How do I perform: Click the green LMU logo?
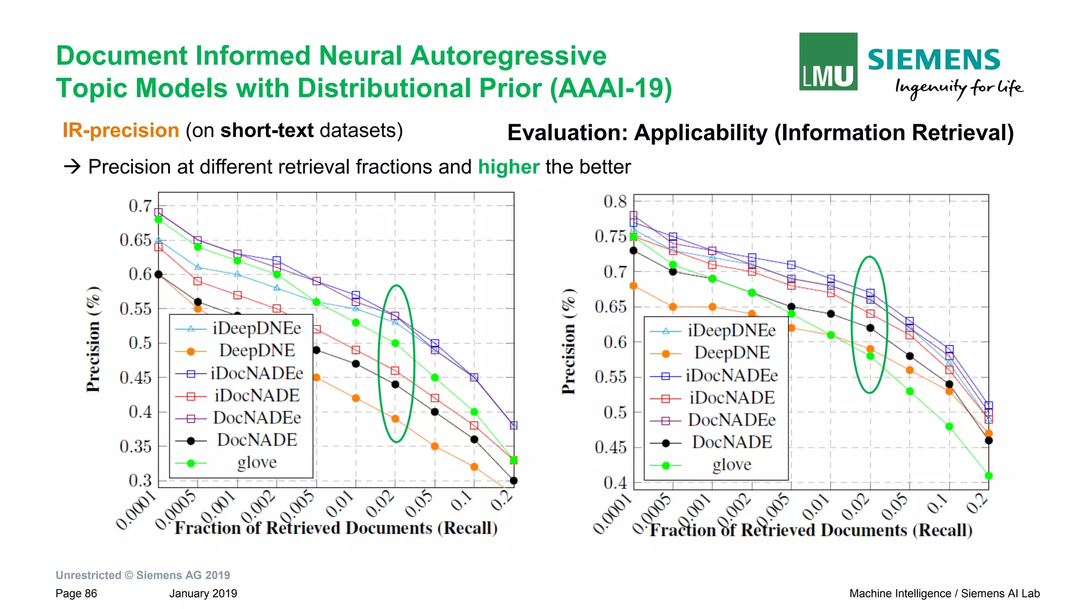point(828,61)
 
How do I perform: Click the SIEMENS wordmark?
point(933,60)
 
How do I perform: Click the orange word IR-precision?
point(121,130)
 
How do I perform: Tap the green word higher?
point(508,167)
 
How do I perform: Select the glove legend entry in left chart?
point(256,462)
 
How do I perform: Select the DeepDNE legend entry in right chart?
point(731,353)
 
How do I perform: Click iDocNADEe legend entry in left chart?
point(256,374)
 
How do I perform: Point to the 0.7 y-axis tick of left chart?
point(140,206)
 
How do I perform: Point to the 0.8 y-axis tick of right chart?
point(614,202)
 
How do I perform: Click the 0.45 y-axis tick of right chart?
point(610,448)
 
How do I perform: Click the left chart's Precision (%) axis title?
point(93,339)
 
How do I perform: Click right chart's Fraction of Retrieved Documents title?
point(811,530)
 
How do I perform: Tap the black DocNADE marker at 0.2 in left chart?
point(513,480)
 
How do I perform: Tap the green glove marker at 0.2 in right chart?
point(988,476)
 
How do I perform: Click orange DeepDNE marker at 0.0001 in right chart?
point(634,286)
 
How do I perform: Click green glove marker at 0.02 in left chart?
point(395,343)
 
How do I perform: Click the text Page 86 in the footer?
point(76,594)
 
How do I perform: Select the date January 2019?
point(203,594)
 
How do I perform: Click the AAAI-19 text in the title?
point(611,88)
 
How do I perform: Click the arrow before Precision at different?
point(72,167)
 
